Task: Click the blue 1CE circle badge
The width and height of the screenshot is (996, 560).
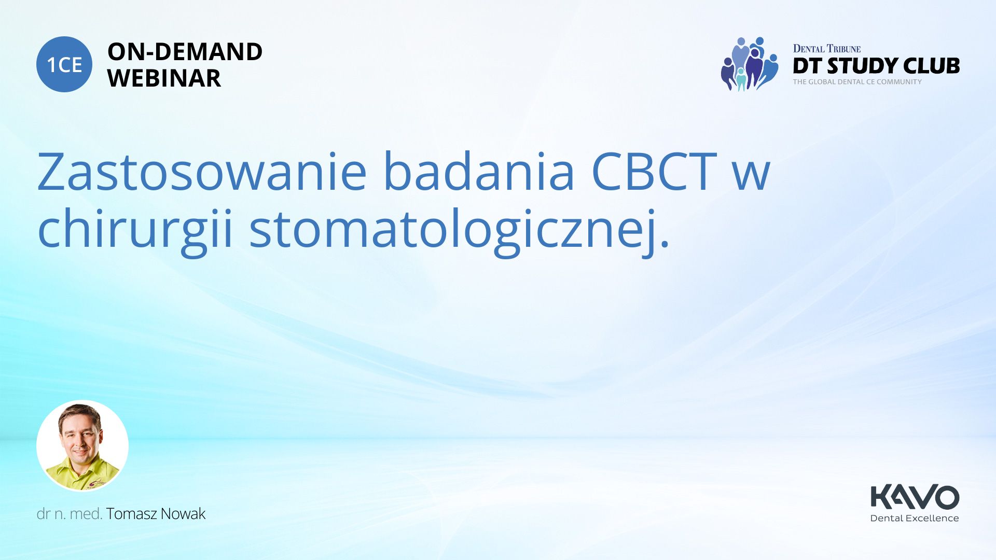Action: pyautogui.click(x=64, y=64)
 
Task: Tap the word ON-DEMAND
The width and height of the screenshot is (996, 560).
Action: pyautogui.click(x=185, y=52)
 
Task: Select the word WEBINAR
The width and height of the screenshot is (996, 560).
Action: pyautogui.click(x=164, y=78)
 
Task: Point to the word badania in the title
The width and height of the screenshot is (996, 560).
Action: pyautogui.click(x=479, y=171)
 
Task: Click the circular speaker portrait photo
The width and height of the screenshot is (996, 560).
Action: pyautogui.click(x=82, y=446)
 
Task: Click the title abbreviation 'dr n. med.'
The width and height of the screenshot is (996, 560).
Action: pyautogui.click(x=70, y=514)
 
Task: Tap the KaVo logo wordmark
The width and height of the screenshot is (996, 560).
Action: pyautogui.click(x=915, y=497)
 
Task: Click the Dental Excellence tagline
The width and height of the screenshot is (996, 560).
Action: pyautogui.click(x=915, y=518)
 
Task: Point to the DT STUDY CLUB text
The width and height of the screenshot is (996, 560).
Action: pyautogui.click(x=876, y=66)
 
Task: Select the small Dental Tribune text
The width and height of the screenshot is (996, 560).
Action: pyautogui.click(x=827, y=49)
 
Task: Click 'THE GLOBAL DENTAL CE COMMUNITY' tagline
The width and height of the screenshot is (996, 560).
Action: pyautogui.click(x=857, y=82)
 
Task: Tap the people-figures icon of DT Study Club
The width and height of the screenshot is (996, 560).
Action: pyautogui.click(x=750, y=64)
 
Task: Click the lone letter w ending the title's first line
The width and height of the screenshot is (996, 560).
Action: pyautogui.click(x=752, y=176)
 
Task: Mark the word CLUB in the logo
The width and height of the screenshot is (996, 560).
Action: pyautogui.click(x=931, y=66)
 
